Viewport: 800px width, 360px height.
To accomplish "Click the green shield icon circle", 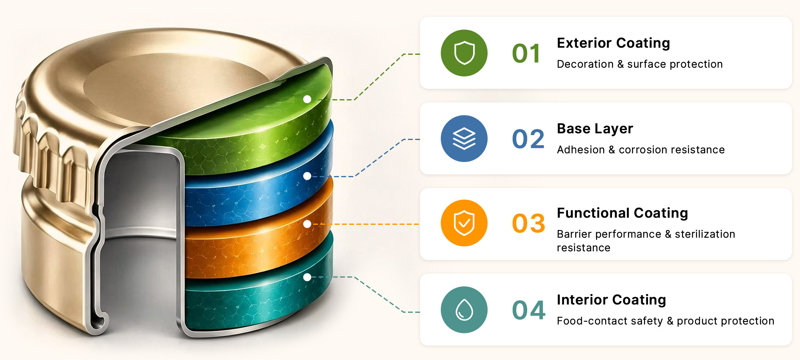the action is [x=464, y=53].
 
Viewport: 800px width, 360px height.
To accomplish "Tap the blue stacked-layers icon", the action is [x=464, y=138].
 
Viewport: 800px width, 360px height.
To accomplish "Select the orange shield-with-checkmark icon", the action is [x=464, y=223].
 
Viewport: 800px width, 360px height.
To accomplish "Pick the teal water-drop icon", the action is [x=464, y=310].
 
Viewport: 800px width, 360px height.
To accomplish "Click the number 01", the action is [x=526, y=54].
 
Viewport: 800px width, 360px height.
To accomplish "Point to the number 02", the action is [x=528, y=139].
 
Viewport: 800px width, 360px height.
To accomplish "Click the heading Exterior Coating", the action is [x=614, y=43].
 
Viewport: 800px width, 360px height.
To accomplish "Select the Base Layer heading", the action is [x=595, y=129].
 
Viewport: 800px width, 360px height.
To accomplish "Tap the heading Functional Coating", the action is [x=622, y=213].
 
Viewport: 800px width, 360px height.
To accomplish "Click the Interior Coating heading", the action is [x=612, y=300].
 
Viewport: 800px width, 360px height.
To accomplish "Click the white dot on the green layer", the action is [x=307, y=99].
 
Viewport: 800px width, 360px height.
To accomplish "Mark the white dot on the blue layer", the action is [x=307, y=176].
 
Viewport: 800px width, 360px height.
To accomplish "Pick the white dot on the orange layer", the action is [x=307, y=224].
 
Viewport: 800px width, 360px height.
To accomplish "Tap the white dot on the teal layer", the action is [x=307, y=277].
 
